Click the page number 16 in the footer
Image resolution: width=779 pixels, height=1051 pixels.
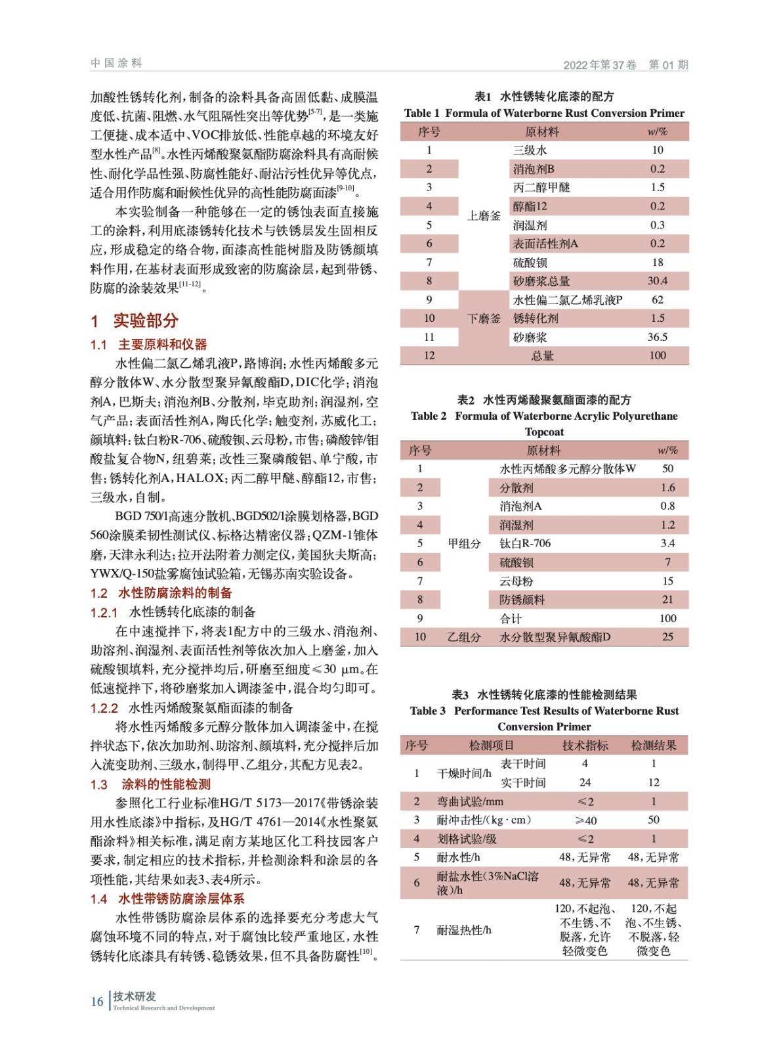click(x=96, y=1001)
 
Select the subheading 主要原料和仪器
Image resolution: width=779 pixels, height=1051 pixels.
click(x=162, y=344)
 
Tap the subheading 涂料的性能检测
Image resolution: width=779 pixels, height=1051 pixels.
click(x=166, y=784)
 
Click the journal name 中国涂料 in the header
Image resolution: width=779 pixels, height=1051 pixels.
click(x=116, y=63)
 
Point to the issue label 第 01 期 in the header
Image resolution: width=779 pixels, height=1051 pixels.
click(x=667, y=64)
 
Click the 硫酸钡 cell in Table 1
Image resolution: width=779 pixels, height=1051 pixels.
click(x=530, y=263)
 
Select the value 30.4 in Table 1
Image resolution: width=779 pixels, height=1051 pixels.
click(x=657, y=281)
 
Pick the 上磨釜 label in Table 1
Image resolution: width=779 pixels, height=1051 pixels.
click(x=484, y=215)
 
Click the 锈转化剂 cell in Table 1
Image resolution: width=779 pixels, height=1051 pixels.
click(x=536, y=319)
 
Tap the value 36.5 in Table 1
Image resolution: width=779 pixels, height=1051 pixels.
click(x=657, y=337)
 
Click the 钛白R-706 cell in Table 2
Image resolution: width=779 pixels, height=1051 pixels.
click(x=525, y=543)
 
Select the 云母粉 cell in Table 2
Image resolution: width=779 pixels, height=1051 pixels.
click(x=516, y=581)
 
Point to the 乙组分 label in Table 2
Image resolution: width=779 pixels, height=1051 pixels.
click(x=464, y=637)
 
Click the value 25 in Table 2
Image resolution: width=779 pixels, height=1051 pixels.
click(x=667, y=637)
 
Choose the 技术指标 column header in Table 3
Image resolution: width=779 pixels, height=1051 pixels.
click(x=585, y=746)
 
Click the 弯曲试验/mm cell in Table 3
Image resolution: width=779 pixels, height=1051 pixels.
click(x=470, y=801)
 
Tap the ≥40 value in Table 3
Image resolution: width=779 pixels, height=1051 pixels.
click(x=585, y=820)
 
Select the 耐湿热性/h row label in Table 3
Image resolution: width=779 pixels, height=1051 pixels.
click(x=464, y=929)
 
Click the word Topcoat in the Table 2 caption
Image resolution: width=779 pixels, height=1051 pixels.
click(x=544, y=432)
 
